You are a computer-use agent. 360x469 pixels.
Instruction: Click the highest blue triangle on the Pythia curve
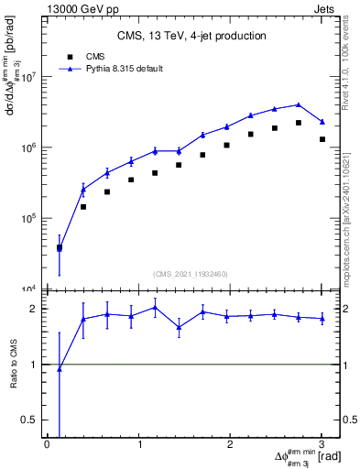pos(299,104)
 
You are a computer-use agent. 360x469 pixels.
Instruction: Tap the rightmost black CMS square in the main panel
pos(322,139)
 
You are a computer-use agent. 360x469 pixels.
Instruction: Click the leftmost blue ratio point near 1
pos(60,369)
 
